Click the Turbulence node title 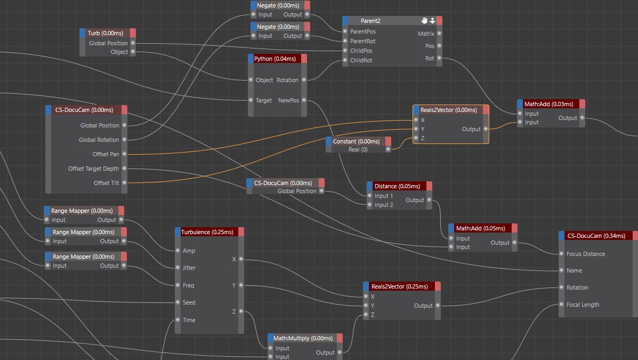click(207, 232)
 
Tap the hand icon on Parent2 click(424, 20)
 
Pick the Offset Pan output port click(125, 154)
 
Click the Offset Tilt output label click(106, 183)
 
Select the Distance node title click(397, 186)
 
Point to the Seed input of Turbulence click(178, 302)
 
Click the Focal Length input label click(583, 305)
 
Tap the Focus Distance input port click(561, 254)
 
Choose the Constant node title click(356, 141)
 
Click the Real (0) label click(358, 149)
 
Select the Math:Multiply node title click(303, 338)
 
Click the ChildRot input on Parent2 click(345, 60)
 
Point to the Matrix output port click(439, 34)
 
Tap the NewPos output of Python click(304, 100)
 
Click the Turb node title click(106, 33)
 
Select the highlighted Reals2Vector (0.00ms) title click(448, 110)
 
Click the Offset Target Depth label click(94, 169)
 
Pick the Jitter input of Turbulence click(178, 268)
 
